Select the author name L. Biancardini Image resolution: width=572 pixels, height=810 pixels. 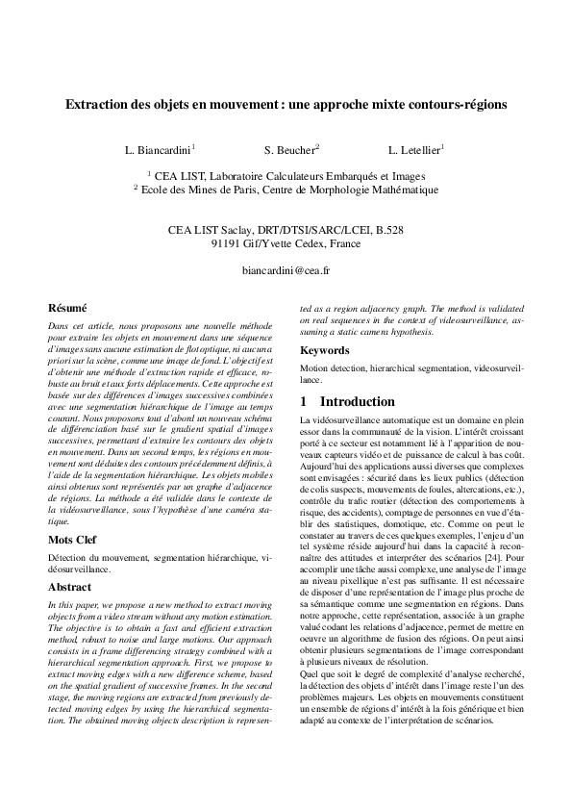[x=159, y=150]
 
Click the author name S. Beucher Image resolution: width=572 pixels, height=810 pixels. [x=290, y=150]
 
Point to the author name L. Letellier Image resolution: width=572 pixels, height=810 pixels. [x=415, y=150]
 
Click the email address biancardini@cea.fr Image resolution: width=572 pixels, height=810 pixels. [x=286, y=271]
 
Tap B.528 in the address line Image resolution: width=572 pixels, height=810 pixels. [x=389, y=231]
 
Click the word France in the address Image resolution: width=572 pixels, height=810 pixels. [x=342, y=244]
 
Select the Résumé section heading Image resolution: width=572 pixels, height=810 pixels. [x=67, y=308]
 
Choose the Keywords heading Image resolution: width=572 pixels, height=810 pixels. [x=325, y=350]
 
